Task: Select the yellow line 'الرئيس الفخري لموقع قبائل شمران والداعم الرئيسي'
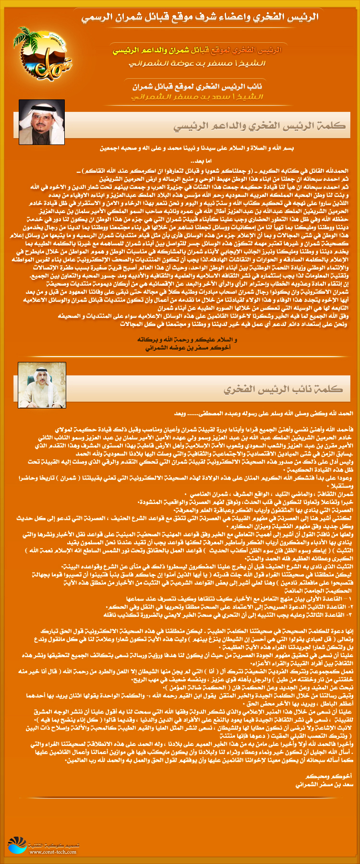click(x=197, y=50)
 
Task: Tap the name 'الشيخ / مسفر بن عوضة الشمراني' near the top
click(x=197, y=63)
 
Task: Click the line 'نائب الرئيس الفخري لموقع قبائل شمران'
click(x=197, y=87)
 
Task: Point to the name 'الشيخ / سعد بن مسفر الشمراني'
click(x=197, y=97)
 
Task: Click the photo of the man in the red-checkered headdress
click(x=41, y=122)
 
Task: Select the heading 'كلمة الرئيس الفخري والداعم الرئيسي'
click(x=259, y=126)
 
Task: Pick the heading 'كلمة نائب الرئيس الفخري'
click(x=283, y=389)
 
